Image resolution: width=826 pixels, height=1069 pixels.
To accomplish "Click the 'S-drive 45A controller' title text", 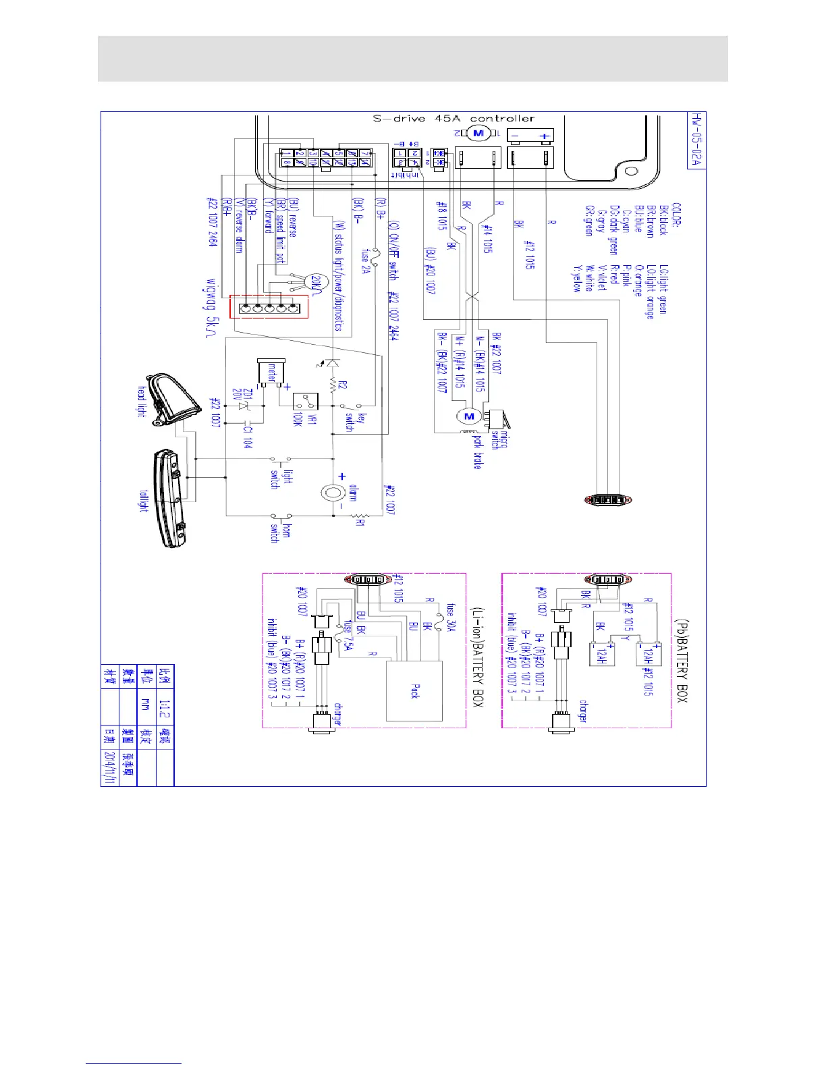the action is coord(453,119).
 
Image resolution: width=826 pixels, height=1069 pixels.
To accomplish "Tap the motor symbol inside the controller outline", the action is coord(478,134).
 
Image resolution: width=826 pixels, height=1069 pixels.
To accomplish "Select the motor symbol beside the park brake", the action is coord(469,416).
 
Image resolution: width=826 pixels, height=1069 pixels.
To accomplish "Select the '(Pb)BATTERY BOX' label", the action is coord(681,658).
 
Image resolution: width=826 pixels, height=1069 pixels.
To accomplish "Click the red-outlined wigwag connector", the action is coord(269,307).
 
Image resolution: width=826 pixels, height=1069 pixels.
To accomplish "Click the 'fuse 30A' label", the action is coord(451,617).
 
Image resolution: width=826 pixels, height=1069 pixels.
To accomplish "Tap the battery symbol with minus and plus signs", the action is coord(530,136).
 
